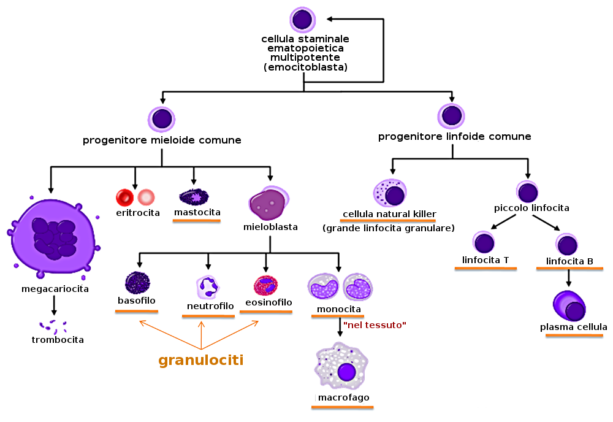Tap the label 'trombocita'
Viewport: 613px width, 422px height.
tap(58, 339)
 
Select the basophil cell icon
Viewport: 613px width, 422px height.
tap(137, 283)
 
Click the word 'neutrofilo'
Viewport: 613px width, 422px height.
tap(210, 305)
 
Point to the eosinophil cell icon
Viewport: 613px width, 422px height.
tap(266, 285)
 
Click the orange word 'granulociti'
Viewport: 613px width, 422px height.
tap(201, 360)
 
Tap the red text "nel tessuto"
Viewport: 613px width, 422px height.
tap(375, 324)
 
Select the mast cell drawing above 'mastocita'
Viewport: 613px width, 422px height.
tap(194, 197)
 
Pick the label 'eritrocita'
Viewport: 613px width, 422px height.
tap(138, 213)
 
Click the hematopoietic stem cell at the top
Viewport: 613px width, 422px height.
tap(302, 20)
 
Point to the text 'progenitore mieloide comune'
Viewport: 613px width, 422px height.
tap(162, 140)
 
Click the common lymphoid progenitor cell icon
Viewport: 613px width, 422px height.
tap(451, 116)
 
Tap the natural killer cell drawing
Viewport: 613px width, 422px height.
tap(390, 193)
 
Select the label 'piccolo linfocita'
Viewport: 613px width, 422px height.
tap(531, 208)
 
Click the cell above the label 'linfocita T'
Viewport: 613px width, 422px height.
tap(485, 242)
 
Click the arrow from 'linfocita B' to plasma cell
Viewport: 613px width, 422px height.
tap(569, 278)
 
